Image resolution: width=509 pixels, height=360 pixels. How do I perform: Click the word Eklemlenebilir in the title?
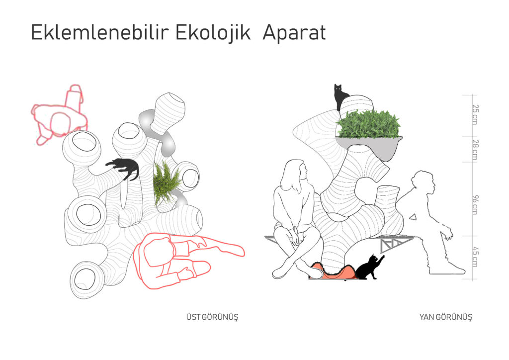[100, 32]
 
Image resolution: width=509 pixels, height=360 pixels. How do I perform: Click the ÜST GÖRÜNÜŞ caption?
[212, 317]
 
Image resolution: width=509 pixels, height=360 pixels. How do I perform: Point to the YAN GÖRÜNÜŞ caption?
[446, 317]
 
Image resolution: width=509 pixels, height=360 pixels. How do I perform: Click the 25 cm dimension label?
[475, 114]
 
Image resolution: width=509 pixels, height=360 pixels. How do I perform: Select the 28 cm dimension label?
[475, 150]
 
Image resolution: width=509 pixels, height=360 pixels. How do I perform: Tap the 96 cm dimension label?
[475, 205]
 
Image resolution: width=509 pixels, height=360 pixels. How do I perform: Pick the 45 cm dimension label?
[475, 257]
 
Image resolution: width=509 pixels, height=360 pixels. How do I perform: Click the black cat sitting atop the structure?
[339, 97]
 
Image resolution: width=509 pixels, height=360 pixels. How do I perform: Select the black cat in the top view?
[125, 168]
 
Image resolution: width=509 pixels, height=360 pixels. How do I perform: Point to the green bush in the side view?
[368, 125]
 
